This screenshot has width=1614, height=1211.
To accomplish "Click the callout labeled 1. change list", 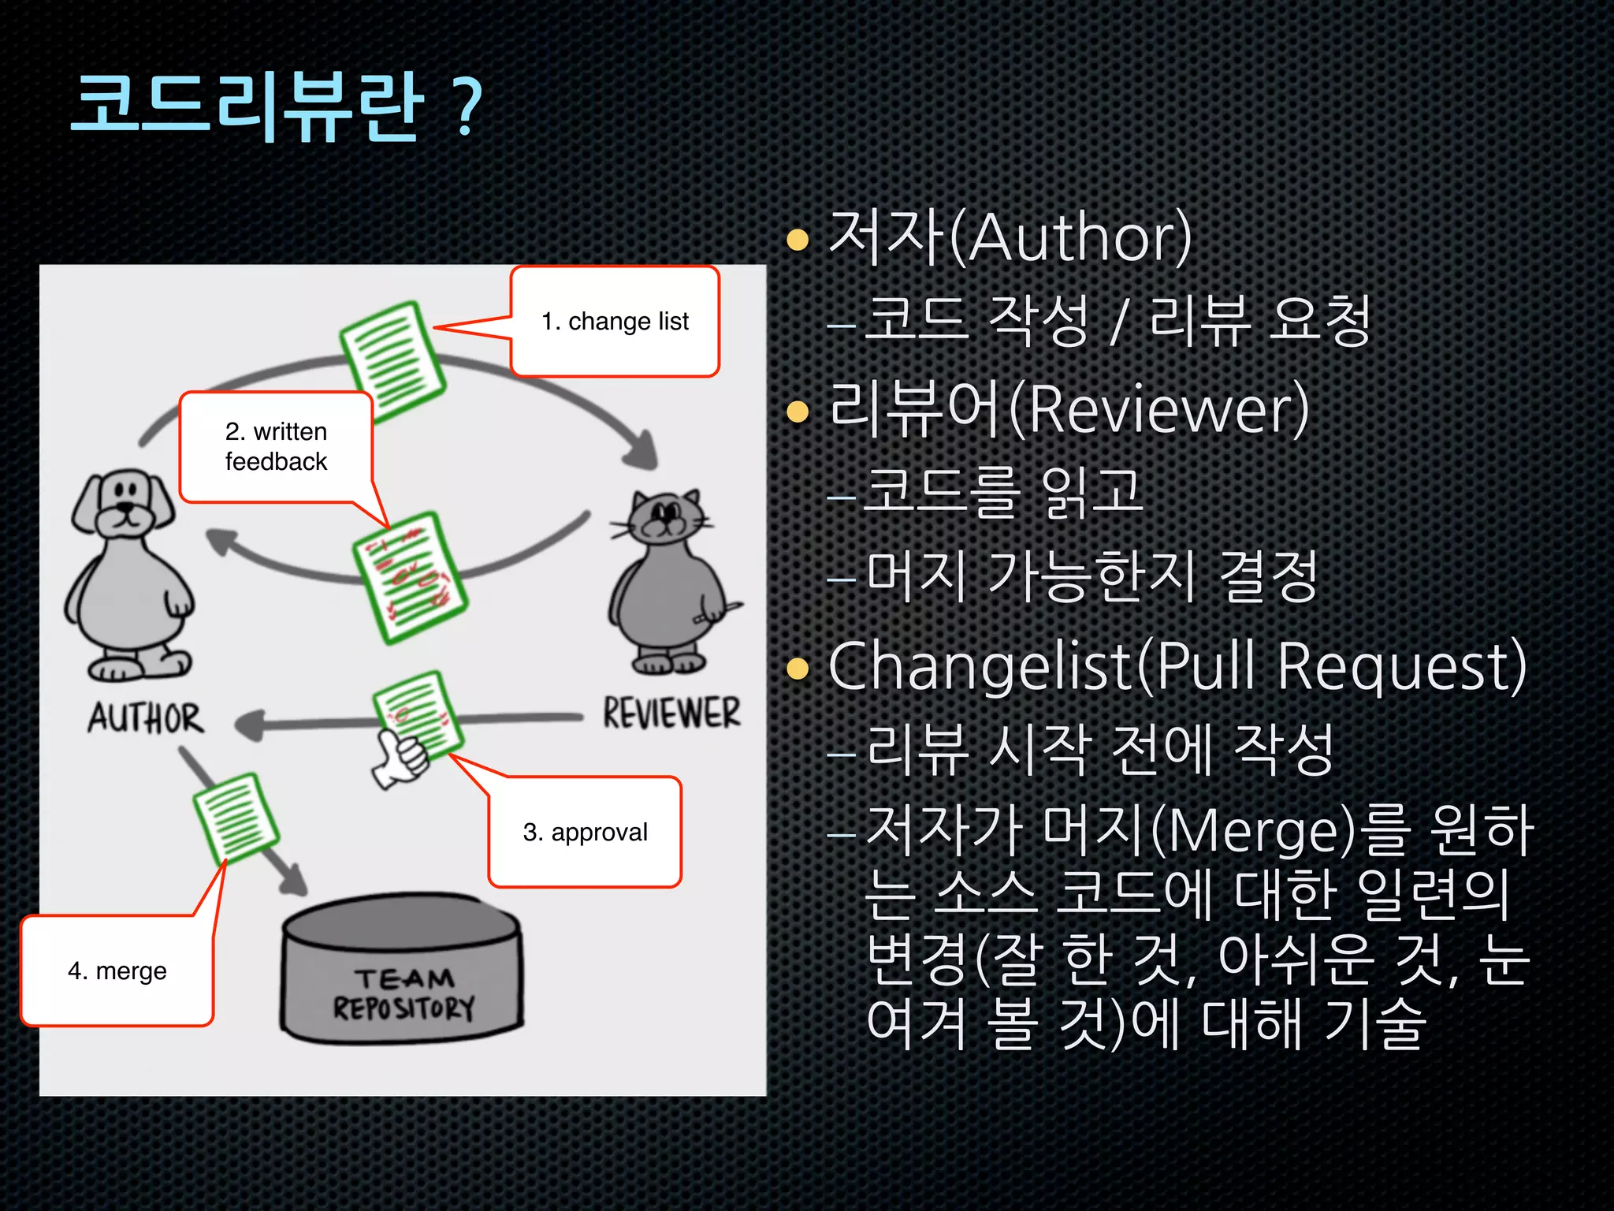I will (615, 322).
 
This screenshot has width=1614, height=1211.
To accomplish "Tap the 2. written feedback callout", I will (276, 446).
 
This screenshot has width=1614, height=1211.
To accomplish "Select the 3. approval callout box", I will (585, 832).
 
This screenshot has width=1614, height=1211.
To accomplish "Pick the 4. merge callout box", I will (117, 971).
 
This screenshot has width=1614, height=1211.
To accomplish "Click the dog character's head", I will (125, 505).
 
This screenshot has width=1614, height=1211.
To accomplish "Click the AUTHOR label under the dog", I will (146, 718).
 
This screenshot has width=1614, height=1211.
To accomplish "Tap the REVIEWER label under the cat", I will (671, 713).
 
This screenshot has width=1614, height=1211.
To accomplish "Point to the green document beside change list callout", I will (392, 361).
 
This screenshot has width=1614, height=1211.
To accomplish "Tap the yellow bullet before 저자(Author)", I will (798, 239).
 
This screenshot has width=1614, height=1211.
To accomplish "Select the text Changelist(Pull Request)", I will (1177, 667).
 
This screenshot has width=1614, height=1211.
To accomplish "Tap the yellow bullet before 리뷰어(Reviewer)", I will (798, 411).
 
